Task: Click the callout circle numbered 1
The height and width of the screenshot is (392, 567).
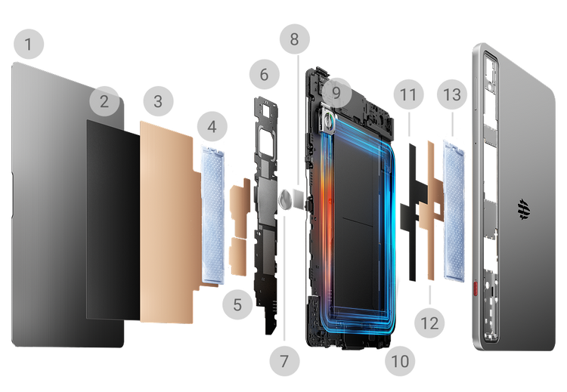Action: point(29,44)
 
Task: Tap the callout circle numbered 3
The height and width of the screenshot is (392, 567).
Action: point(159,101)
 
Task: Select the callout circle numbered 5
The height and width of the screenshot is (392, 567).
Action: point(237,304)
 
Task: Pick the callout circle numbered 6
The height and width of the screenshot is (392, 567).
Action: point(265,75)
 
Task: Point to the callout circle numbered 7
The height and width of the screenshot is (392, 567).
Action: point(284,361)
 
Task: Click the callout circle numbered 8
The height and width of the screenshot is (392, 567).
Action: point(295,39)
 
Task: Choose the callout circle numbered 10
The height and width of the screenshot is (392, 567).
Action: point(400,361)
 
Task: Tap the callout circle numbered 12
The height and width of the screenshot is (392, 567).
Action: point(430,323)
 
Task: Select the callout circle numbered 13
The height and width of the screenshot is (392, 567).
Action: point(452,94)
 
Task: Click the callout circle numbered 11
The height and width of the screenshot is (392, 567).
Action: point(408,94)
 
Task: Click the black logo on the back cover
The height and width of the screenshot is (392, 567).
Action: point(524,209)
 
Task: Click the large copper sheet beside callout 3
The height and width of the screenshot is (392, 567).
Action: point(170,222)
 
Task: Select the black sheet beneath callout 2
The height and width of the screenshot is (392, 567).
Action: point(113,220)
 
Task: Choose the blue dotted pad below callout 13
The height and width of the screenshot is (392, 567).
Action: point(454,211)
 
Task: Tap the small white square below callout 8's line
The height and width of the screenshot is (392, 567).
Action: point(299,198)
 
